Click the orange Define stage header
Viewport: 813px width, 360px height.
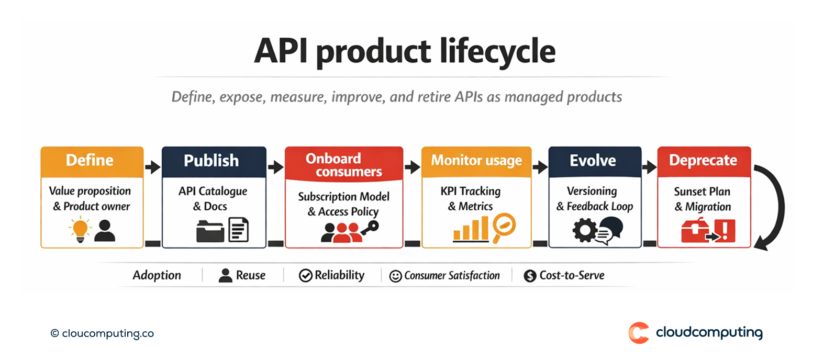(92, 161)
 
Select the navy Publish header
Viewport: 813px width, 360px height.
(214, 161)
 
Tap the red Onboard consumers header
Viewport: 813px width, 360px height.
(343, 164)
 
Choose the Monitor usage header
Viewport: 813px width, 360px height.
(476, 160)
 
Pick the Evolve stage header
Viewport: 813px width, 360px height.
(594, 161)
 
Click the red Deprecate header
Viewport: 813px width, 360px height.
(703, 161)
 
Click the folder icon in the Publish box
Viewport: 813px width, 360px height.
(210, 231)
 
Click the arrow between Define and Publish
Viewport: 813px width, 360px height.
(152, 167)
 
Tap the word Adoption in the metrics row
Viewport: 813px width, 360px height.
(157, 275)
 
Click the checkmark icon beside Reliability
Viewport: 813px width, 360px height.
(305, 276)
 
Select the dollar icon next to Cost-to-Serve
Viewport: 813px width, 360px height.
(530, 276)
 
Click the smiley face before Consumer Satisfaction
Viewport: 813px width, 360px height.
(396, 276)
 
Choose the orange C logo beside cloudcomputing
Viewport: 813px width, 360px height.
(639, 333)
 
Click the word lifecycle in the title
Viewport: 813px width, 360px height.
(489, 52)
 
